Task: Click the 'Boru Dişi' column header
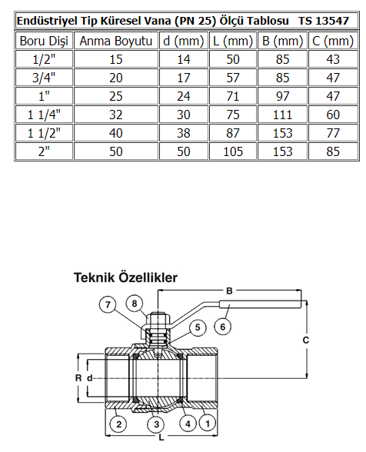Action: tap(44, 41)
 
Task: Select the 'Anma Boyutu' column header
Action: tap(116, 41)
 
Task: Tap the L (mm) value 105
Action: tap(233, 151)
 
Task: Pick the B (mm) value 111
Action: tap(282, 115)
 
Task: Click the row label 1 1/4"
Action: tap(44, 115)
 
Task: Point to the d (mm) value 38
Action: tap(184, 133)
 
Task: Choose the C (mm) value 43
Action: tap(333, 59)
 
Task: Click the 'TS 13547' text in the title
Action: tap(324, 21)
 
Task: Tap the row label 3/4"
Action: tap(44, 78)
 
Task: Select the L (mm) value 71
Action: tap(233, 96)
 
